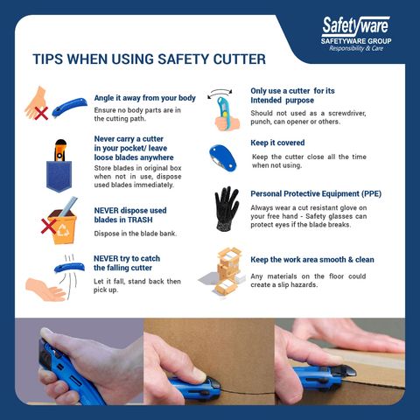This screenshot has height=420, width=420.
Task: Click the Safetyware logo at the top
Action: coord(355,26)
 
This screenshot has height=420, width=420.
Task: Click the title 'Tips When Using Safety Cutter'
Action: coord(149,60)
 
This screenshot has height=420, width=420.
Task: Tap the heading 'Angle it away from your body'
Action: coord(144,98)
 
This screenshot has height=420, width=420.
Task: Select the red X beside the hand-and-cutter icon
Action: coord(38,113)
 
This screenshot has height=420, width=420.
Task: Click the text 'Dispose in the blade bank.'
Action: coord(134,234)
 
